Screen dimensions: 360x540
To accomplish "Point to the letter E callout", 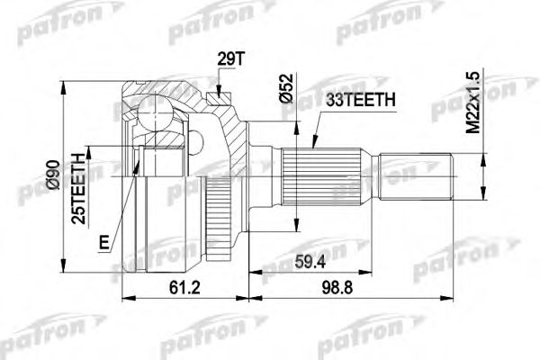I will pyautogui.click(x=106, y=241).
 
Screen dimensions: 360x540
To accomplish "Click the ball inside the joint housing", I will pyautogui.click(x=158, y=113).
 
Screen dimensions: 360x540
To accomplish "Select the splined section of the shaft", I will pyautogui.click(x=325, y=178).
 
